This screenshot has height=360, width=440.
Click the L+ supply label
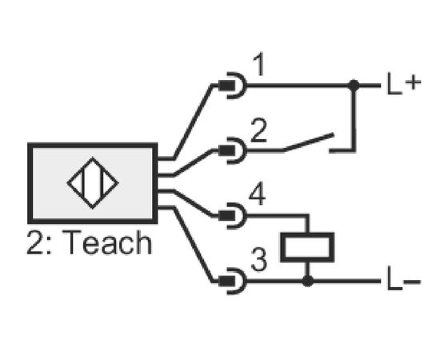tap(403, 84)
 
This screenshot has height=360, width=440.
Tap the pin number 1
tap(259, 64)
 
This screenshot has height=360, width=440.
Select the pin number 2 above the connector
tap(258, 130)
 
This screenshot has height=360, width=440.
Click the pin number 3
tap(258, 260)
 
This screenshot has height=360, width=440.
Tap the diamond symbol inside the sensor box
tap(93, 183)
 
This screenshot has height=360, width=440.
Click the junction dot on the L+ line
tap(354, 85)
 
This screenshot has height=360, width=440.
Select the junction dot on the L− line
tap(307, 281)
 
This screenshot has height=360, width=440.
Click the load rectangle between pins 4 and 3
tap(307, 247)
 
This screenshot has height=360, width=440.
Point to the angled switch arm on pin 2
tap(308, 142)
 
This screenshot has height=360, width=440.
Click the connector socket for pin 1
tap(232, 86)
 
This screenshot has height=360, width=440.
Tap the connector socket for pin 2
tap(232, 150)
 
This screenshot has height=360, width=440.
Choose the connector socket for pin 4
tap(232, 216)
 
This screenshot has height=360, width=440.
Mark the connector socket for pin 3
tap(232, 281)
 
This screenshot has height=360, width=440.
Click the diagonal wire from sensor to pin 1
tap(193, 122)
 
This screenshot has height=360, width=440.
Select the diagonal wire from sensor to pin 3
tap(193, 245)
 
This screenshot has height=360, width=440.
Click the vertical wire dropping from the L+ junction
tap(354, 118)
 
